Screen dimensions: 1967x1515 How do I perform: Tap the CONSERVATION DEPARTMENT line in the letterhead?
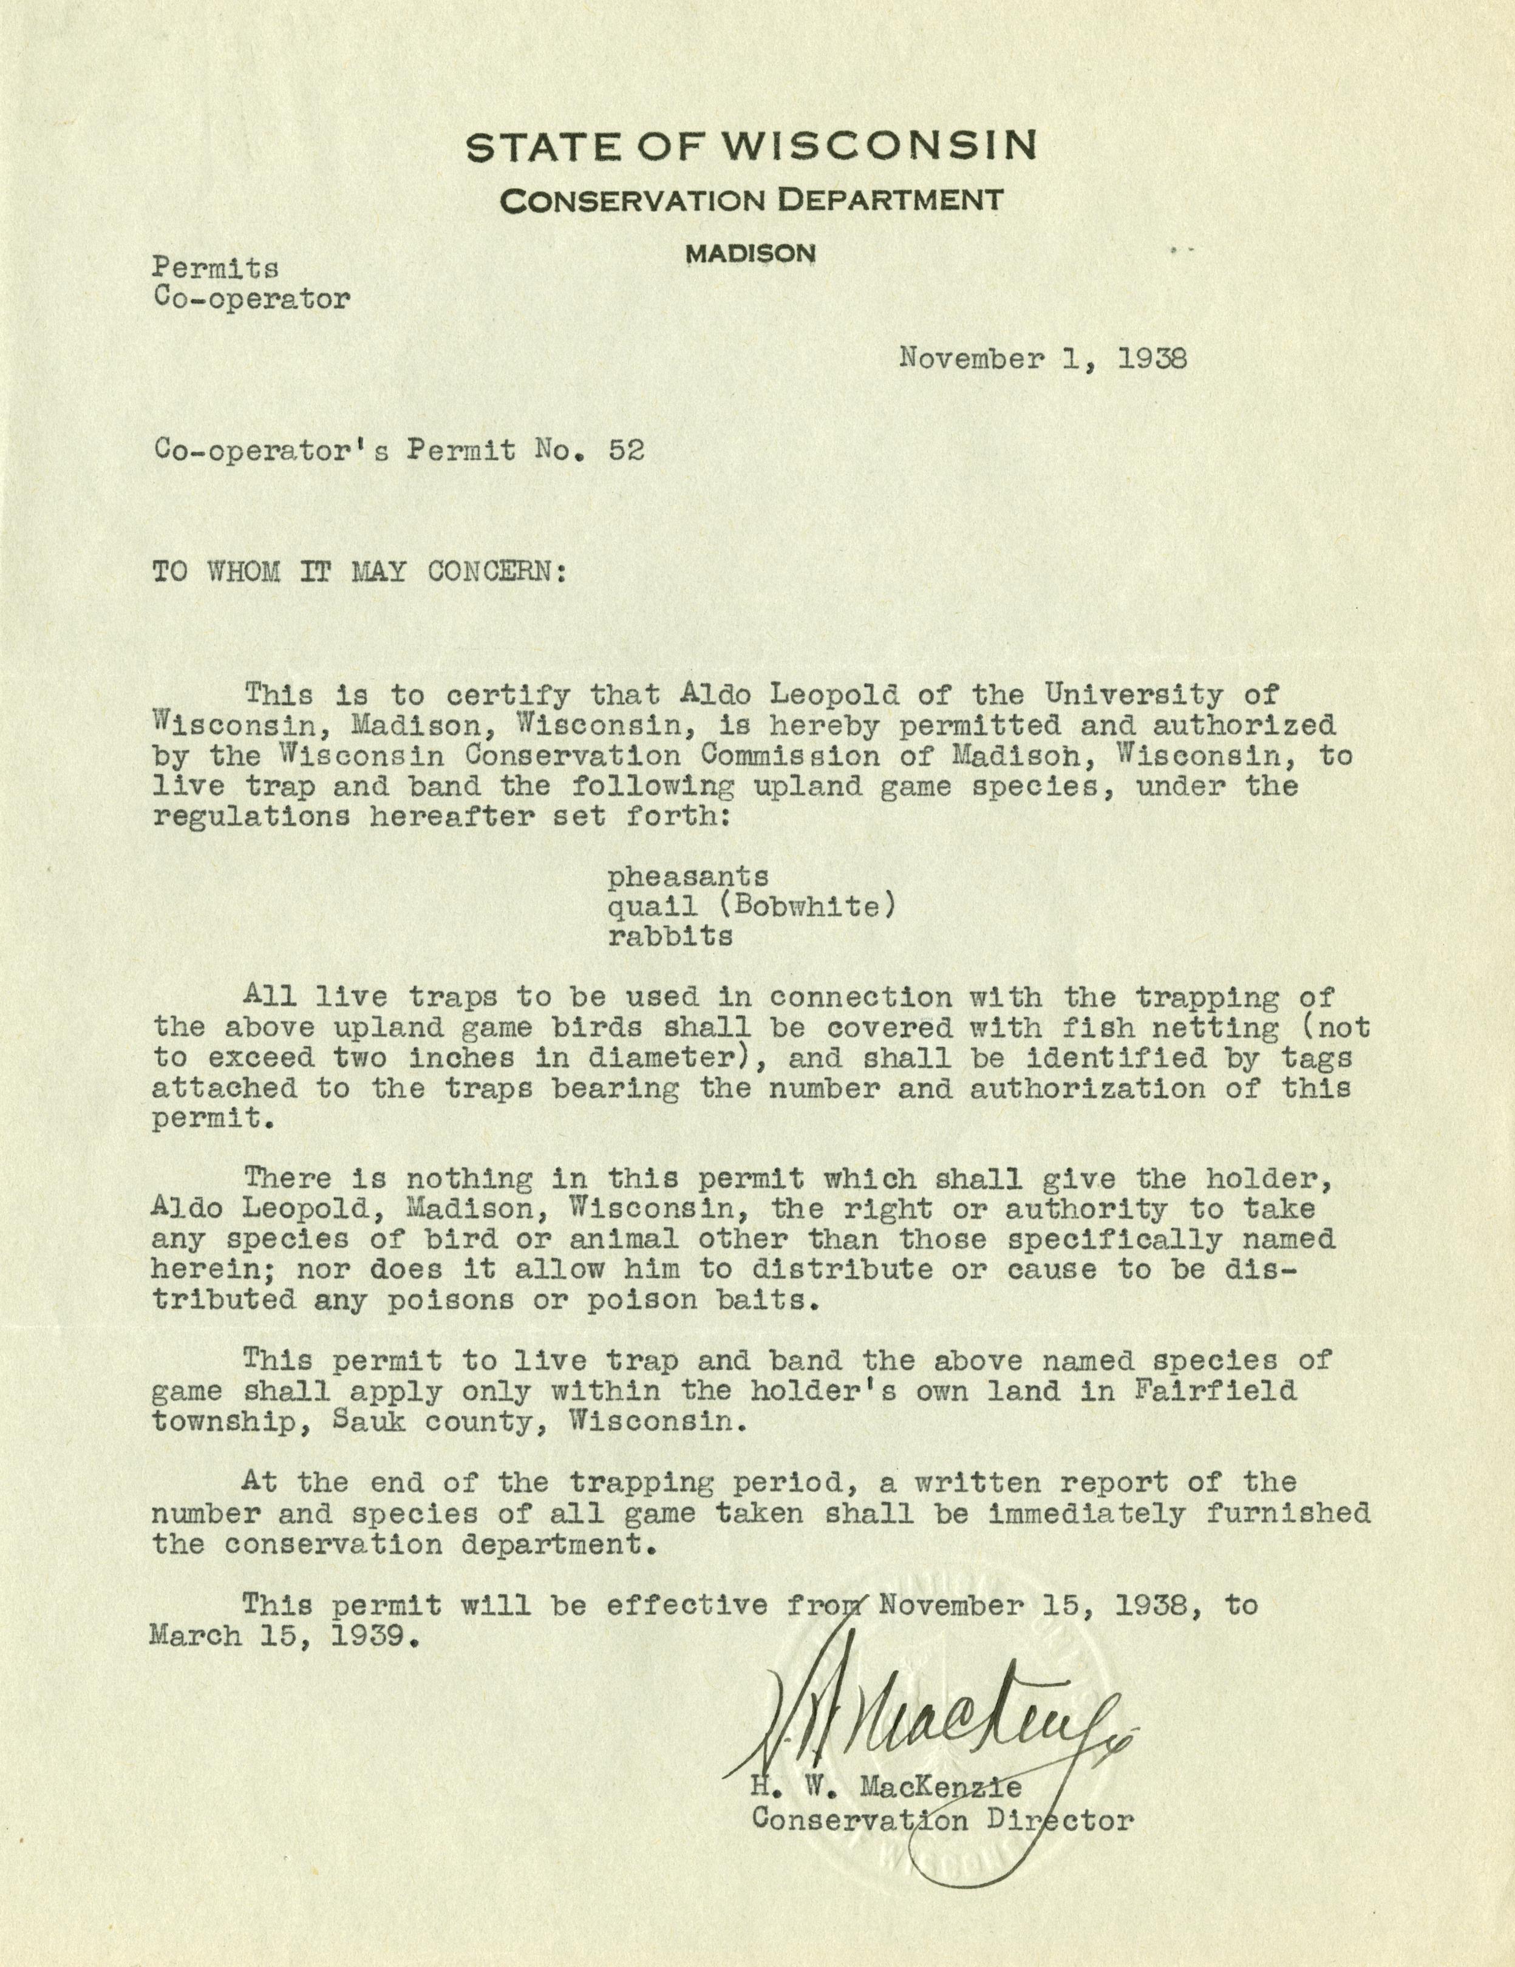[751, 200]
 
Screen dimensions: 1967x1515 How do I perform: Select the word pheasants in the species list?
[688, 875]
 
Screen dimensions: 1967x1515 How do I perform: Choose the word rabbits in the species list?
[670, 937]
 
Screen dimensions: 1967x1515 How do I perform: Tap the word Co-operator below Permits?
[251, 299]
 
